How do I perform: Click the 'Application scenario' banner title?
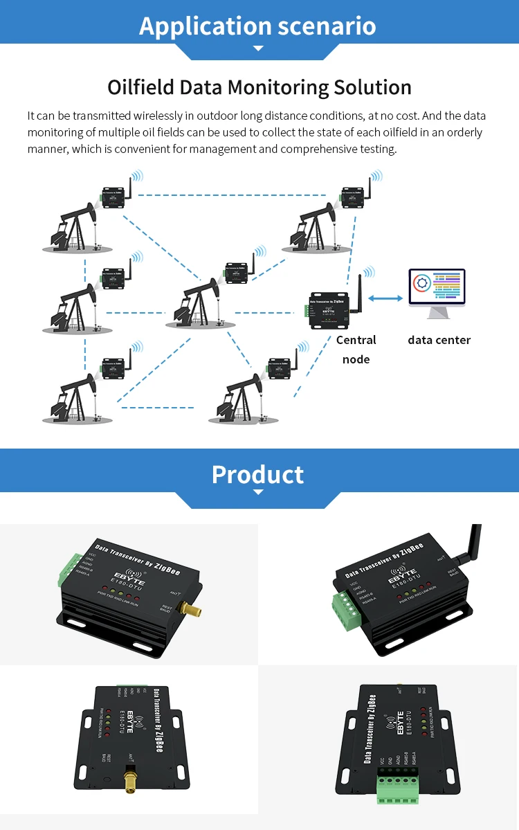point(257,26)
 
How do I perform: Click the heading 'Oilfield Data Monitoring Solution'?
point(259,87)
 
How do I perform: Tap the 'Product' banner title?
point(257,474)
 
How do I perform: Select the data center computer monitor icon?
point(437,291)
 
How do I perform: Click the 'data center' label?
point(439,340)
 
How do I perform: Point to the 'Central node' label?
point(356,349)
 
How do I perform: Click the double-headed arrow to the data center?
point(385,298)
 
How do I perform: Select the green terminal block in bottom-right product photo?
point(400,789)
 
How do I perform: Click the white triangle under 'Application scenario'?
point(258,48)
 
